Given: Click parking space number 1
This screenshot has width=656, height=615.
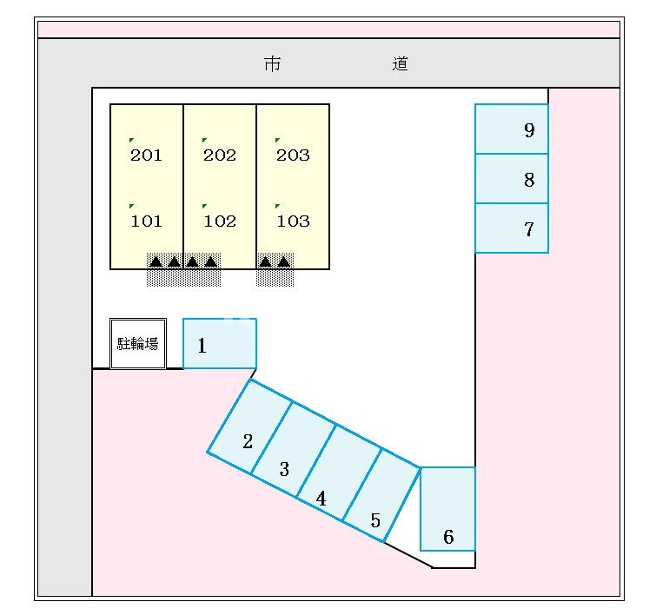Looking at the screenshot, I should tap(219, 344).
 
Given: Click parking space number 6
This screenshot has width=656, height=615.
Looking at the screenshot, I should tap(447, 509).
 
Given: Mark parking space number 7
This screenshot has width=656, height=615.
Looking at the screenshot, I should tap(512, 228).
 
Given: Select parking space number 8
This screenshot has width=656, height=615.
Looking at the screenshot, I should tap(512, 179).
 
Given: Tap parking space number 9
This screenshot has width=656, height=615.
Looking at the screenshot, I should tap(512, 129).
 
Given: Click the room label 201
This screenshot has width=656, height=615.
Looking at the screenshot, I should tap(146, 155).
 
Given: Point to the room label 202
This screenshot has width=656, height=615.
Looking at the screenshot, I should tap(220, 155).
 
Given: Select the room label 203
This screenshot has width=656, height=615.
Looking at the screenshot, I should tap(293, 155).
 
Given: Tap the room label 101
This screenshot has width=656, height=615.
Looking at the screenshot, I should tap(146, 222).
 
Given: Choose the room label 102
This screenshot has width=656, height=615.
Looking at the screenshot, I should tap(220, 222).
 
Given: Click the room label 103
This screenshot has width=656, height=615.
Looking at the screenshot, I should tap(293, 222).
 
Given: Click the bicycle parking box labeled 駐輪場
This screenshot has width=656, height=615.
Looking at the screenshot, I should tap(138, 343).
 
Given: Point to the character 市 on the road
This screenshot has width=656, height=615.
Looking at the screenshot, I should tap(273, 63).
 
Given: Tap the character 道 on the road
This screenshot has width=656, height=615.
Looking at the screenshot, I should tap(400, 63).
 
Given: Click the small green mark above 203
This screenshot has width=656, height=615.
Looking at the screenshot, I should tap(277, 140).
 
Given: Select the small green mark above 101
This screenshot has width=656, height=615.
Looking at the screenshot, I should tap(131, 206).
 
